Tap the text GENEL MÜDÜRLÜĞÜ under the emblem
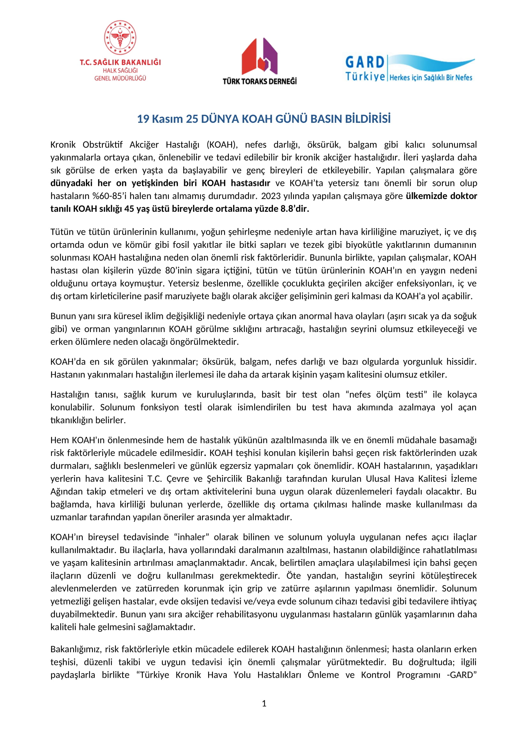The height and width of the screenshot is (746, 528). coord(120,78)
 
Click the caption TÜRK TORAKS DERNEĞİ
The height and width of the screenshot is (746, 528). coord(260,81)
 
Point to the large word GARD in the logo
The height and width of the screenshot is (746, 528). coord(365,62)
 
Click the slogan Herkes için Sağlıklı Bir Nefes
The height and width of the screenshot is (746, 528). coord(431,78)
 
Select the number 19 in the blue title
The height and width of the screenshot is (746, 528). coord(143,119)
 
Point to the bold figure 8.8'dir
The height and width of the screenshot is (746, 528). coord(295,209)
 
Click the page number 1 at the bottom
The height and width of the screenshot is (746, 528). coord(264,704)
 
